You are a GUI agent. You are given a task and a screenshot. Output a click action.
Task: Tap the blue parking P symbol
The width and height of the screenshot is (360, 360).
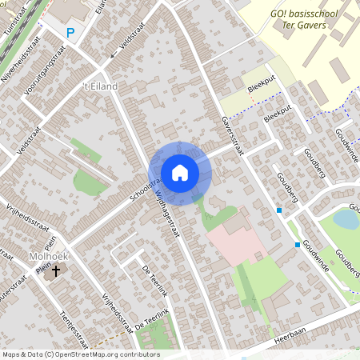pyautogui.click(x=70, y=33)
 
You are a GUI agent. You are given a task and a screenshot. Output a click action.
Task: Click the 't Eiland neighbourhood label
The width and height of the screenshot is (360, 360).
pyautogui.click(x=101, y=86)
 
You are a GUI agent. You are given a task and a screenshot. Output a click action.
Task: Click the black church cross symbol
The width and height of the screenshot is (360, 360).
pyautogui.click(x=56, y=272)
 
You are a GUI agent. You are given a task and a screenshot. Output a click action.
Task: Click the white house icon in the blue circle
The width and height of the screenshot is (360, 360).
pyautogui.click(x=180, y=173)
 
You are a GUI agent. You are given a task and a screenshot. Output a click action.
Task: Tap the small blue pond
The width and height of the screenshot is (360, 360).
pyautogui.click(x=346, y=218)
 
